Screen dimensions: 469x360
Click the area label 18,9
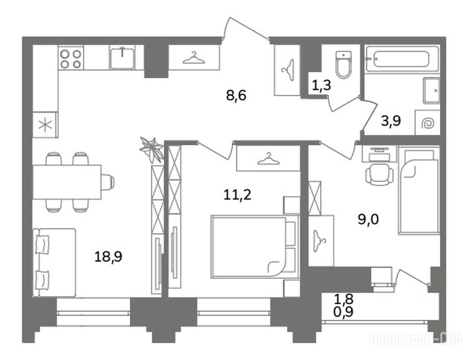[108, 257]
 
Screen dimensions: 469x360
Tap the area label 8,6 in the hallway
[236, 96]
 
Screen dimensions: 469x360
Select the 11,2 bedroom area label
[237, 195]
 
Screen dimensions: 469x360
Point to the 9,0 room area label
[369, 219]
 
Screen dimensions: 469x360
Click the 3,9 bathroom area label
[391, 121]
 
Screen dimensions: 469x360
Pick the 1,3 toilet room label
[322, 85]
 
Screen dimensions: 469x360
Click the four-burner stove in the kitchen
[71, 58]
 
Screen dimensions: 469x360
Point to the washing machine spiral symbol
[428, 123]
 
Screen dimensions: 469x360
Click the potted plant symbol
[152, 149]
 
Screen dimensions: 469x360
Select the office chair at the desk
[379, 175]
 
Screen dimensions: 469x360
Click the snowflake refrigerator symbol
[45, 125]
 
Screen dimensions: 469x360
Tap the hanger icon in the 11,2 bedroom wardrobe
[268, 158]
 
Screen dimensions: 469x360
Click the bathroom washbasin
[431, 90]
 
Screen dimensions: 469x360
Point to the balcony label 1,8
[344, 298]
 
